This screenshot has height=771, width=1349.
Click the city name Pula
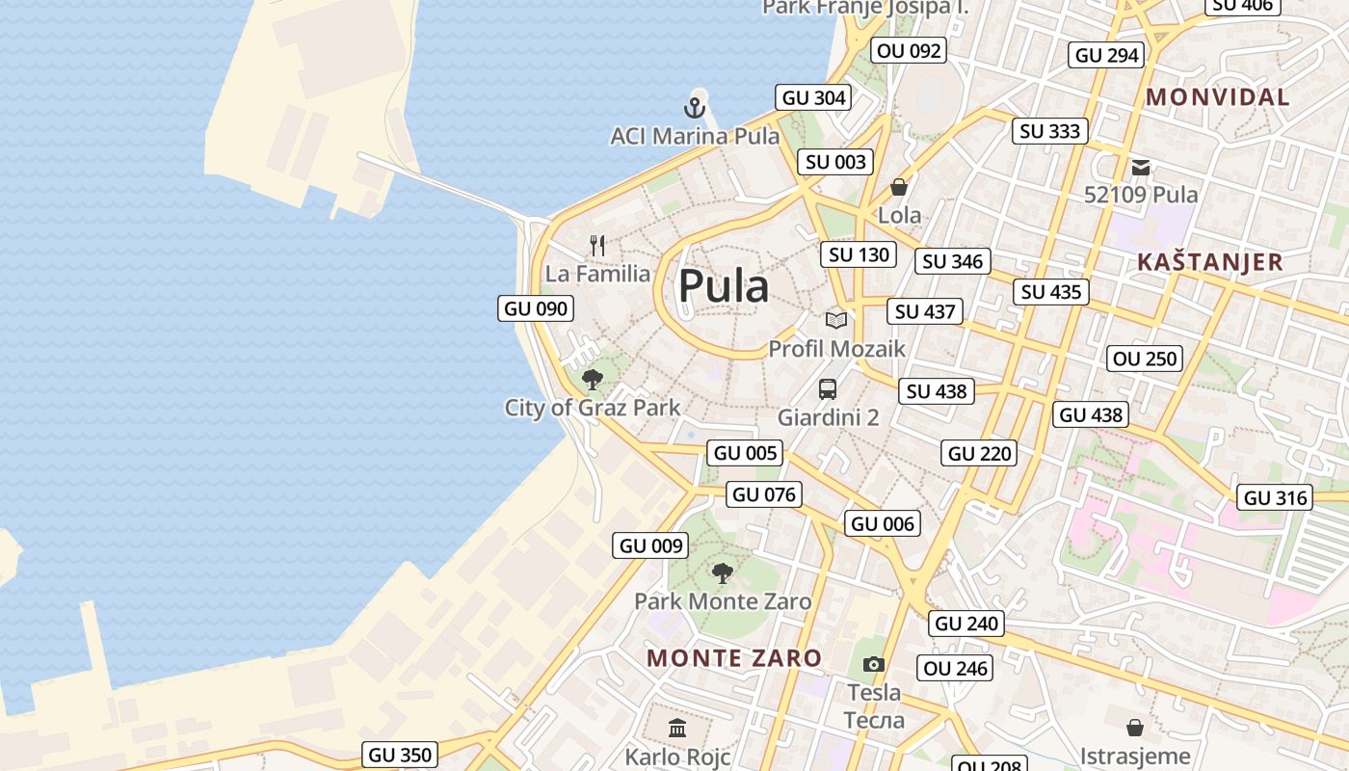(x=724, y=286)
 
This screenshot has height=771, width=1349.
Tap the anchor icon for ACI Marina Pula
(x=695, y=107)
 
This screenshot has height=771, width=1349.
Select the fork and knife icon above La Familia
(x=597, y=246)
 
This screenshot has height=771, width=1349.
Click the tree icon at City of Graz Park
(x=593, y=379)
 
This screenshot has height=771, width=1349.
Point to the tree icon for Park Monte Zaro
(x=722, y=573)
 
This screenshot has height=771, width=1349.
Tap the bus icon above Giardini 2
(x=828, y=389)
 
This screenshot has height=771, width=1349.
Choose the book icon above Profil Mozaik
(x=836, y=320)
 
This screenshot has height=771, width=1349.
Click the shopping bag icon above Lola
(x=899, y=187)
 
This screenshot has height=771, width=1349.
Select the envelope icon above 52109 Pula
(x=1141, y=168)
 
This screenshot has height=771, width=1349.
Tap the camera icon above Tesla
(x=874, y=664)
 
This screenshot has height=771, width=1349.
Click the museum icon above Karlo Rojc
(x=677, y=728)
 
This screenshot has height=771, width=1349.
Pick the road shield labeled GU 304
(x=814, y=97)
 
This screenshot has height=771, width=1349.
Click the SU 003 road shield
(x=835, y=162)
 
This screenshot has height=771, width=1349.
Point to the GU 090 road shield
(x=537, y=308)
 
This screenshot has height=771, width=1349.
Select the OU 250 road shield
(x=1145, y=359)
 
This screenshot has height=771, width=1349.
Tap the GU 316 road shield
(x=1276, y=497)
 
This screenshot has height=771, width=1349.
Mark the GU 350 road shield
(x=401, y=755)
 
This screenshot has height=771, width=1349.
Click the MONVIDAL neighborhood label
(x=1218, y=97)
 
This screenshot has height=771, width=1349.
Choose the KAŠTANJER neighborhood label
(x=1210, y=262)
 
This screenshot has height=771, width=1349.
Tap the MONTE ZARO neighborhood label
(x=734, y=658)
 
